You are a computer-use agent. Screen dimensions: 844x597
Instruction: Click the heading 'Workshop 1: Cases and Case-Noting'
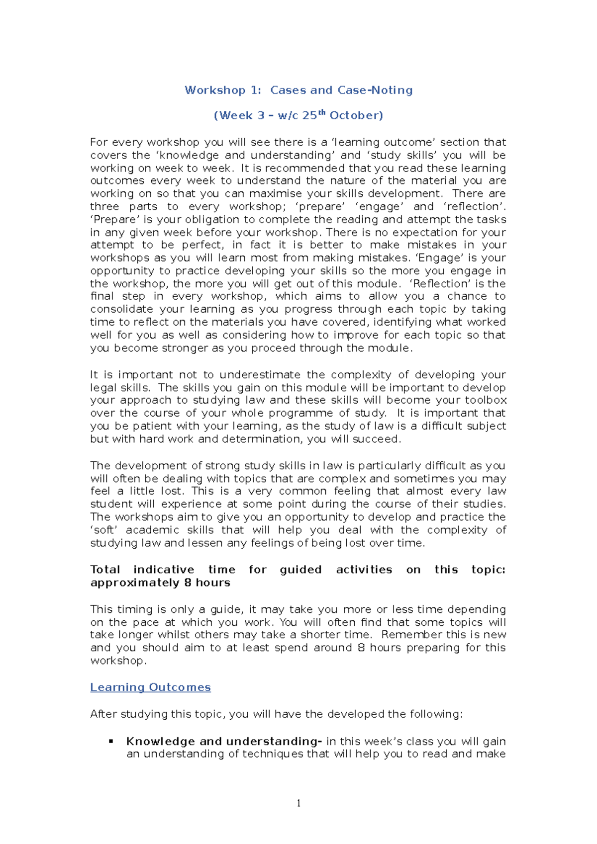[298, 90]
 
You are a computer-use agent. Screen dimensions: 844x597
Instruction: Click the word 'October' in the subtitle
[356, 116]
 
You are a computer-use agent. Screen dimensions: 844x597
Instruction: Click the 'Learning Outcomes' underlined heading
[150, 687]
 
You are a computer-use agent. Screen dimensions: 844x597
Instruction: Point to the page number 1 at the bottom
[298, 803]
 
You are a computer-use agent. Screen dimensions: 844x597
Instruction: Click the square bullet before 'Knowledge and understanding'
[111, 741]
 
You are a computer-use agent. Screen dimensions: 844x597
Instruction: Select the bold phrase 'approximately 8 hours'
[160, 583]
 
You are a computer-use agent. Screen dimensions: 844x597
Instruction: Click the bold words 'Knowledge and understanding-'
[224, 741]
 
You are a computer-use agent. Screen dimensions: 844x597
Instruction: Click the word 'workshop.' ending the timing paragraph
[118, 661]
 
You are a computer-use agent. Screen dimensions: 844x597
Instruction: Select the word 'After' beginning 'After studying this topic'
[103, 714]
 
